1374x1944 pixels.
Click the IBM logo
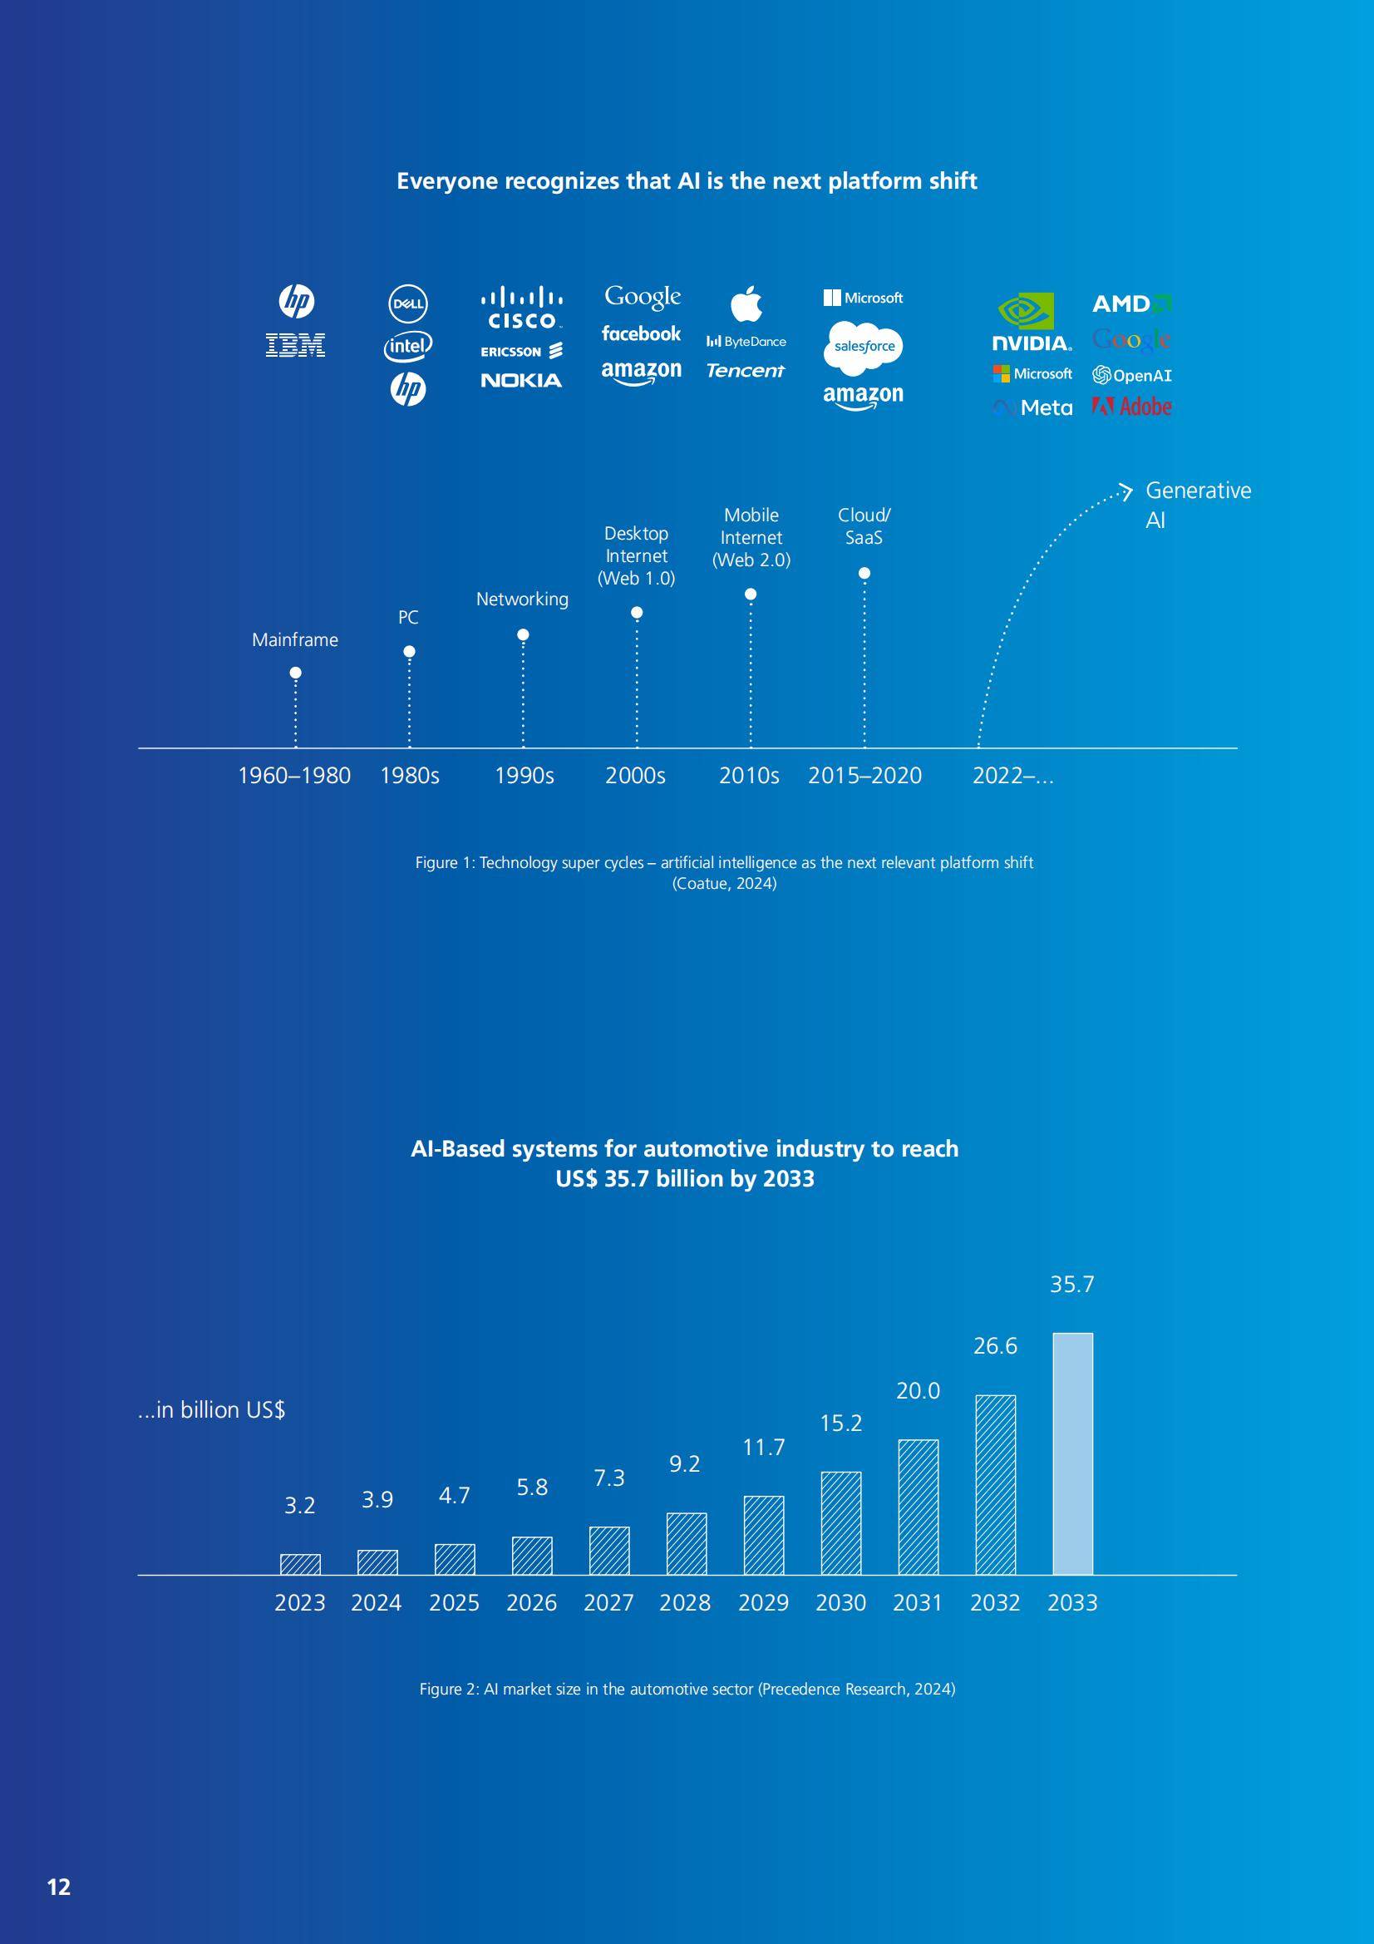[x=295, y=344]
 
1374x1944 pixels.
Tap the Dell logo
[x=408, y=304]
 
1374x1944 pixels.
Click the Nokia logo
[x=521, y=380]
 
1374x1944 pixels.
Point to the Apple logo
[x=746, y=303]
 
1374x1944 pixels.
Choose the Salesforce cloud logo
[x=864, y=346]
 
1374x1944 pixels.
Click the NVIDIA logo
[x=1032, y=323]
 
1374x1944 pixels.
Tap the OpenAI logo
[x=1132, y=375]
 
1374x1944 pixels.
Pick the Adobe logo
[x=1132, y=407]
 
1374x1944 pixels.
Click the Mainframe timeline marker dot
[x=295, y=673]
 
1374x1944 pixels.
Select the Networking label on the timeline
[x=522, y=599]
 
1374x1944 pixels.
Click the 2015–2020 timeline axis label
[x=864, y=776]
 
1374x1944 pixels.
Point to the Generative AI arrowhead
[x=1125, y=491]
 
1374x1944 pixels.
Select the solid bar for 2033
[x=1072, y=1453]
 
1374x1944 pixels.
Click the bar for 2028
[x=687, y=1543]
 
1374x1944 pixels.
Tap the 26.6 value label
[x=996, y=1346]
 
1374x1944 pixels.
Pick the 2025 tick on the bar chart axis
[x=455, y=1603]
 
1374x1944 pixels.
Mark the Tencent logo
[x=746, y=371]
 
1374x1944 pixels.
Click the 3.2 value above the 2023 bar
[x=300, y=1506]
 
